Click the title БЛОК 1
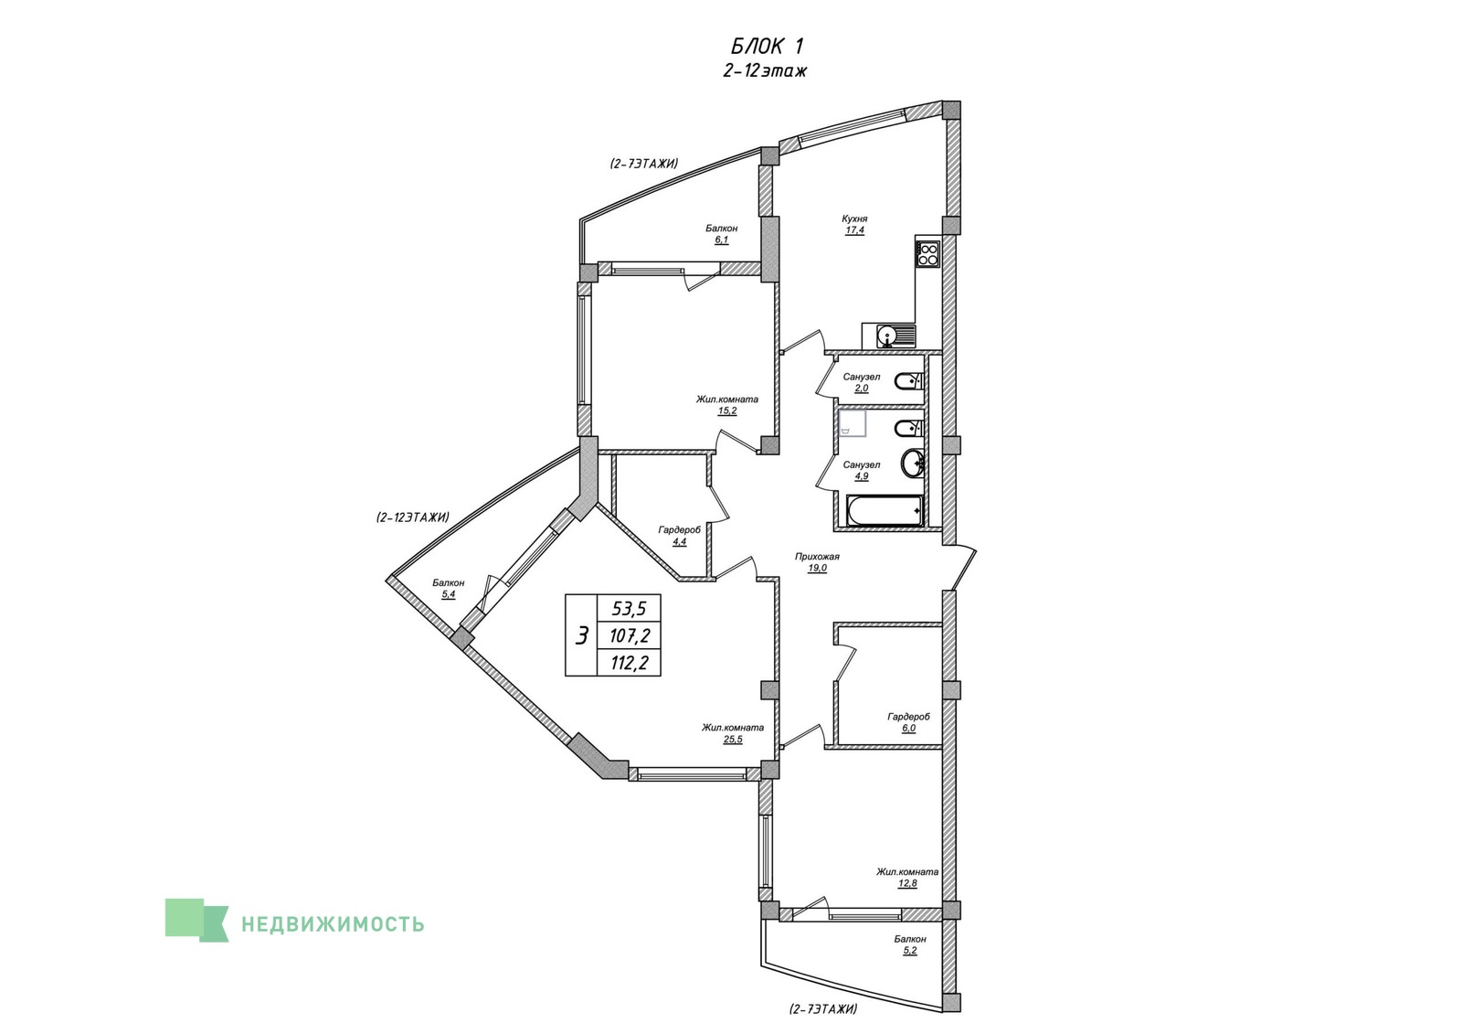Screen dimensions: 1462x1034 tap(767, 47)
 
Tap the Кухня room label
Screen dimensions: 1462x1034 tap(854, 219)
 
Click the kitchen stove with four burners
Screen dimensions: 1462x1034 tap(927, 253)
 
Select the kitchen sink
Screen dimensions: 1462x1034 tap(888, 336)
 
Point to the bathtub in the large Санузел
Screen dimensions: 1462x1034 tap(884, 511)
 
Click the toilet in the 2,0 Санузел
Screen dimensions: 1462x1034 tap(909, 380)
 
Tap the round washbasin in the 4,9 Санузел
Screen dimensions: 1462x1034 tap(913, 464)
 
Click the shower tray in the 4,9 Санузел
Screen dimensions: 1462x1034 tap(853, 423)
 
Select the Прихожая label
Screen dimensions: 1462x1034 tap(817, 557)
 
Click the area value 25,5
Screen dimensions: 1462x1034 tap(732, 740)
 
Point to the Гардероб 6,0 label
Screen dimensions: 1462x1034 tap(908, 722)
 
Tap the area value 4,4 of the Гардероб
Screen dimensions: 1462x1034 tap(680, 541)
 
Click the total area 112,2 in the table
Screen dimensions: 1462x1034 tap(630, 664)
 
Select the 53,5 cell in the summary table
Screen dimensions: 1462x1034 tap(630, 609)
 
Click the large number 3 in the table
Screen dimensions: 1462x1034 tap(581, 635)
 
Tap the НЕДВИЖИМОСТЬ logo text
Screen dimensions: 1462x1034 tap(333, 924)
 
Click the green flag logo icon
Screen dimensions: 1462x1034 tap(196, 921)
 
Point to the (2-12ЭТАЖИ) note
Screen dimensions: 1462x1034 tap(412, 517)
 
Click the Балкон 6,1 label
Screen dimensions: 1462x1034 tap(721, 234)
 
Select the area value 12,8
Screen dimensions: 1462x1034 tap(908, 883)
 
